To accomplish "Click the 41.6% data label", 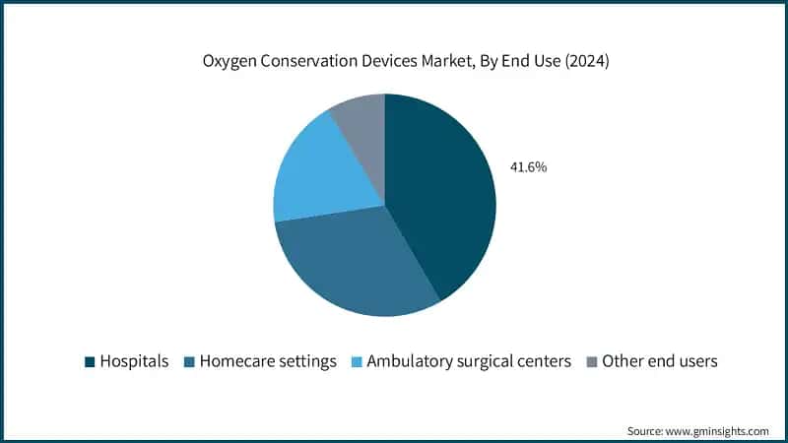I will point(527,167).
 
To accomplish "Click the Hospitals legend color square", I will point(91,361).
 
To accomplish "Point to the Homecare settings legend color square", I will point(189,361).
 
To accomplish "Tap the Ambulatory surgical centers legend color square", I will point(357,361).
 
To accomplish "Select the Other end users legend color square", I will point(591,361).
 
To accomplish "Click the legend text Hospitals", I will point(135,361).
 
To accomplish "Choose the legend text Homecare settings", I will point(267,361).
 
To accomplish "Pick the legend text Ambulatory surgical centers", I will point(469,361).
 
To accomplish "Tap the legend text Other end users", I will point(659,361).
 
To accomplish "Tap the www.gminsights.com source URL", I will point(716,431).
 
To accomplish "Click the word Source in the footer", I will point(646,431).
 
